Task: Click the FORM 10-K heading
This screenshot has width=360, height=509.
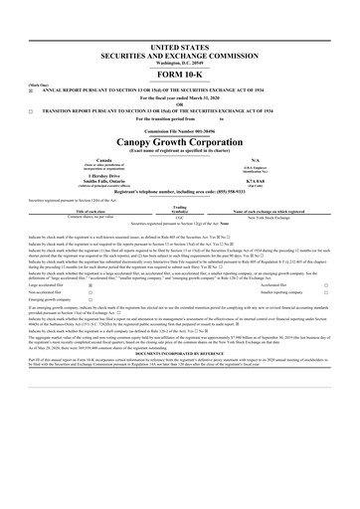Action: (x=179, y=75)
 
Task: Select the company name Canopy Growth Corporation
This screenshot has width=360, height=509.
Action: (x=179, y=143)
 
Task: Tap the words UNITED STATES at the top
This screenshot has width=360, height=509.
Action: (x=179, y=46)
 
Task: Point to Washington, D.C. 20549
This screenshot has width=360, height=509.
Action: (x=179, y=63)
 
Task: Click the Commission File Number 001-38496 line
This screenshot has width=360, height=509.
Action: (x=179, y=131)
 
